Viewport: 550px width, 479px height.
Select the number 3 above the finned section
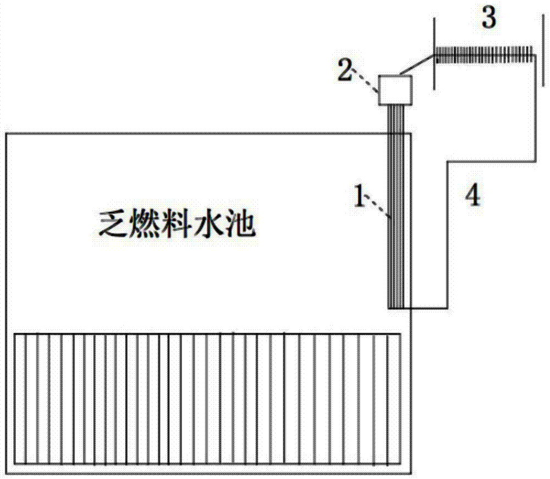(488, 19)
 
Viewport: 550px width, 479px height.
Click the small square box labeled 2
(395, 90)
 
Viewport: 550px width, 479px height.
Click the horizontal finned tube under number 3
(484, 53)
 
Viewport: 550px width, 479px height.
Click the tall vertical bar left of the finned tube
(434, 54)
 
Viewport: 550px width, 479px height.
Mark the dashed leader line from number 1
(378, 210)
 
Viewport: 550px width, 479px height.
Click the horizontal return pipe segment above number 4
(492, 161)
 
